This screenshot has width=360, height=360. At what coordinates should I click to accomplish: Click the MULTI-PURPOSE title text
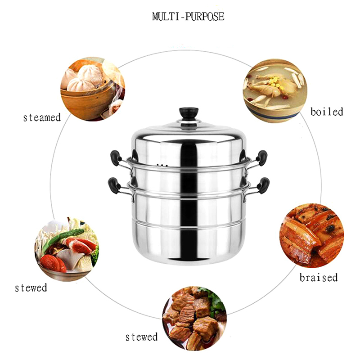(x=188, y=17)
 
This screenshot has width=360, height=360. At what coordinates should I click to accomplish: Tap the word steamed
(x=42, y=117)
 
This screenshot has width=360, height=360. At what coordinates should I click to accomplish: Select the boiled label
(x=327, y=112)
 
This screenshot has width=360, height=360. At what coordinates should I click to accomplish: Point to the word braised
(x=319, y=278)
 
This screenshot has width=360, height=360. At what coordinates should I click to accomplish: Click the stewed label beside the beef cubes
(x=141, y=337)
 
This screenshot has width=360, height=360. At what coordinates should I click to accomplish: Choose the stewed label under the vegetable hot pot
(x=31, y=288)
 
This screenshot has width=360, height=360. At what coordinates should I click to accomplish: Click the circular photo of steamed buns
(x=93, y=89)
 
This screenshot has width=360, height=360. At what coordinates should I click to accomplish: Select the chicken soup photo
(x=275, y=91)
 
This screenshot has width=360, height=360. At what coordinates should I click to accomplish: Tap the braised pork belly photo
(x=311, y=235)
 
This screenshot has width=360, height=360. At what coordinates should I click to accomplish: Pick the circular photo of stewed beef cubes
(x=194, y=318)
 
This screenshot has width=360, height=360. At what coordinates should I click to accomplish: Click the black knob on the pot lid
(x=189, y=114)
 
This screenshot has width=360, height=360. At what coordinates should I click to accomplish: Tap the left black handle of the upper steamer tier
(x=116, y=158)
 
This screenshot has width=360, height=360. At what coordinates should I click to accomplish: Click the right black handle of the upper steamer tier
(x=262, y=158)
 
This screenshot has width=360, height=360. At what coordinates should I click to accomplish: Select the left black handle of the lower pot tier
(x=114, y=185)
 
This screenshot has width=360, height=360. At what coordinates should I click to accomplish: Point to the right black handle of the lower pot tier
(x=263, y=185)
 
